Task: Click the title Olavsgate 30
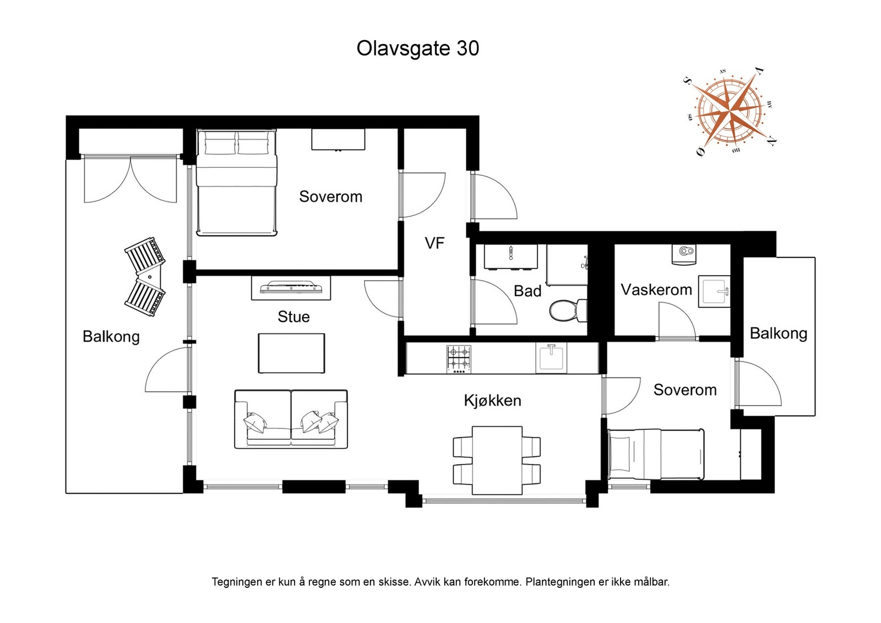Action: pos(417,48)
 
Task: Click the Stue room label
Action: pos(293,316)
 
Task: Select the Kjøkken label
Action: pos(492,400)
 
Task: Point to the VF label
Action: pos(434,243)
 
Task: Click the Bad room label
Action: pos(527,291)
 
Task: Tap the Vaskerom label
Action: pos(656,289)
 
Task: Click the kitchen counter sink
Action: pos(551,357)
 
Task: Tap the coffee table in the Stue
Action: pos(291,353)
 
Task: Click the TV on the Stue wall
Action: pos(291,287)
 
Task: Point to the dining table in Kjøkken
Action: pos(497,460)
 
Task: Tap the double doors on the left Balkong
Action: pos(130,179)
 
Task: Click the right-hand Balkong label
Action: pos(778,333)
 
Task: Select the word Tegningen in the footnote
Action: pos(236,582)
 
